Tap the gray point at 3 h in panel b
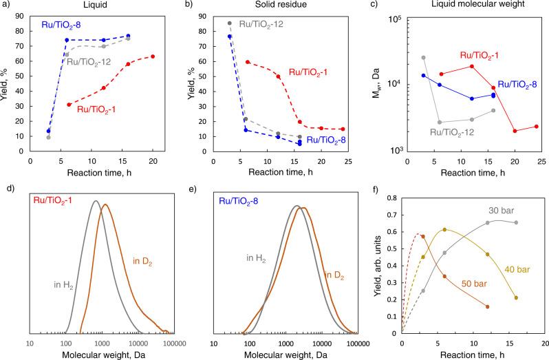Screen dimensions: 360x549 [x=230, y=23]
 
